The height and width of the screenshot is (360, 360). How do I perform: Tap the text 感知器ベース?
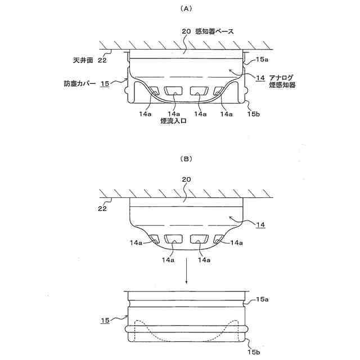tap(215, 31)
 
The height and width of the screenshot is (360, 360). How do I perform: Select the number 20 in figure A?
tap(187, 31)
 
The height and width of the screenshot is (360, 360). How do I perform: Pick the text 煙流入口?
tap(173, 120)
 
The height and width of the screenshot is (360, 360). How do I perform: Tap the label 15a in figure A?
tap(262, 58)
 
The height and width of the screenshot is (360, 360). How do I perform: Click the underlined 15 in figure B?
tap(105, 320)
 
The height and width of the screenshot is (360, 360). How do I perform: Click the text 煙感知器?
tap(283, 85)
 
